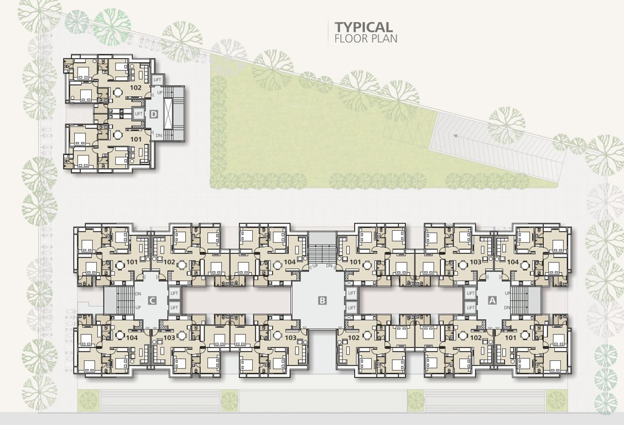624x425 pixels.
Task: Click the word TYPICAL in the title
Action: pos(363,27)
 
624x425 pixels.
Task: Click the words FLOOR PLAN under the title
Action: pos(366,39)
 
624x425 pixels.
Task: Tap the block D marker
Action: pos(154,114)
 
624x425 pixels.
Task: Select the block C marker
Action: pos(152,300)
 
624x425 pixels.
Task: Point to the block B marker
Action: pos(323,300)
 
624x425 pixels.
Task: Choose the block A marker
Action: pos(492,300)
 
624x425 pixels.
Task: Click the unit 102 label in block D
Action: pos(136,87)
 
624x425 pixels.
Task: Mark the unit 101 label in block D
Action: pos(136,140)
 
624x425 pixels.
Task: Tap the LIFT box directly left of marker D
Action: pos(139,114)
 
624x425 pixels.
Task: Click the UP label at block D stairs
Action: pos(160,92)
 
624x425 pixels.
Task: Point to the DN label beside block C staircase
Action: pos(138,294)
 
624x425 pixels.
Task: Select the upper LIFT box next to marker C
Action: pos(174,293)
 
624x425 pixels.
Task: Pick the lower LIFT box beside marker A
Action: pos(471,308)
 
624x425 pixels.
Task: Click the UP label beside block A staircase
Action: pos(507,293)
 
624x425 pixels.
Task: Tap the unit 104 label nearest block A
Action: pos(513,261)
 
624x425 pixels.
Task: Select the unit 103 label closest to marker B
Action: pos(290,338)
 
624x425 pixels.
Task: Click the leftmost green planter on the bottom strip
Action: pos(87,400)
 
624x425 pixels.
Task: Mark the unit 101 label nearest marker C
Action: pos(132,261)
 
